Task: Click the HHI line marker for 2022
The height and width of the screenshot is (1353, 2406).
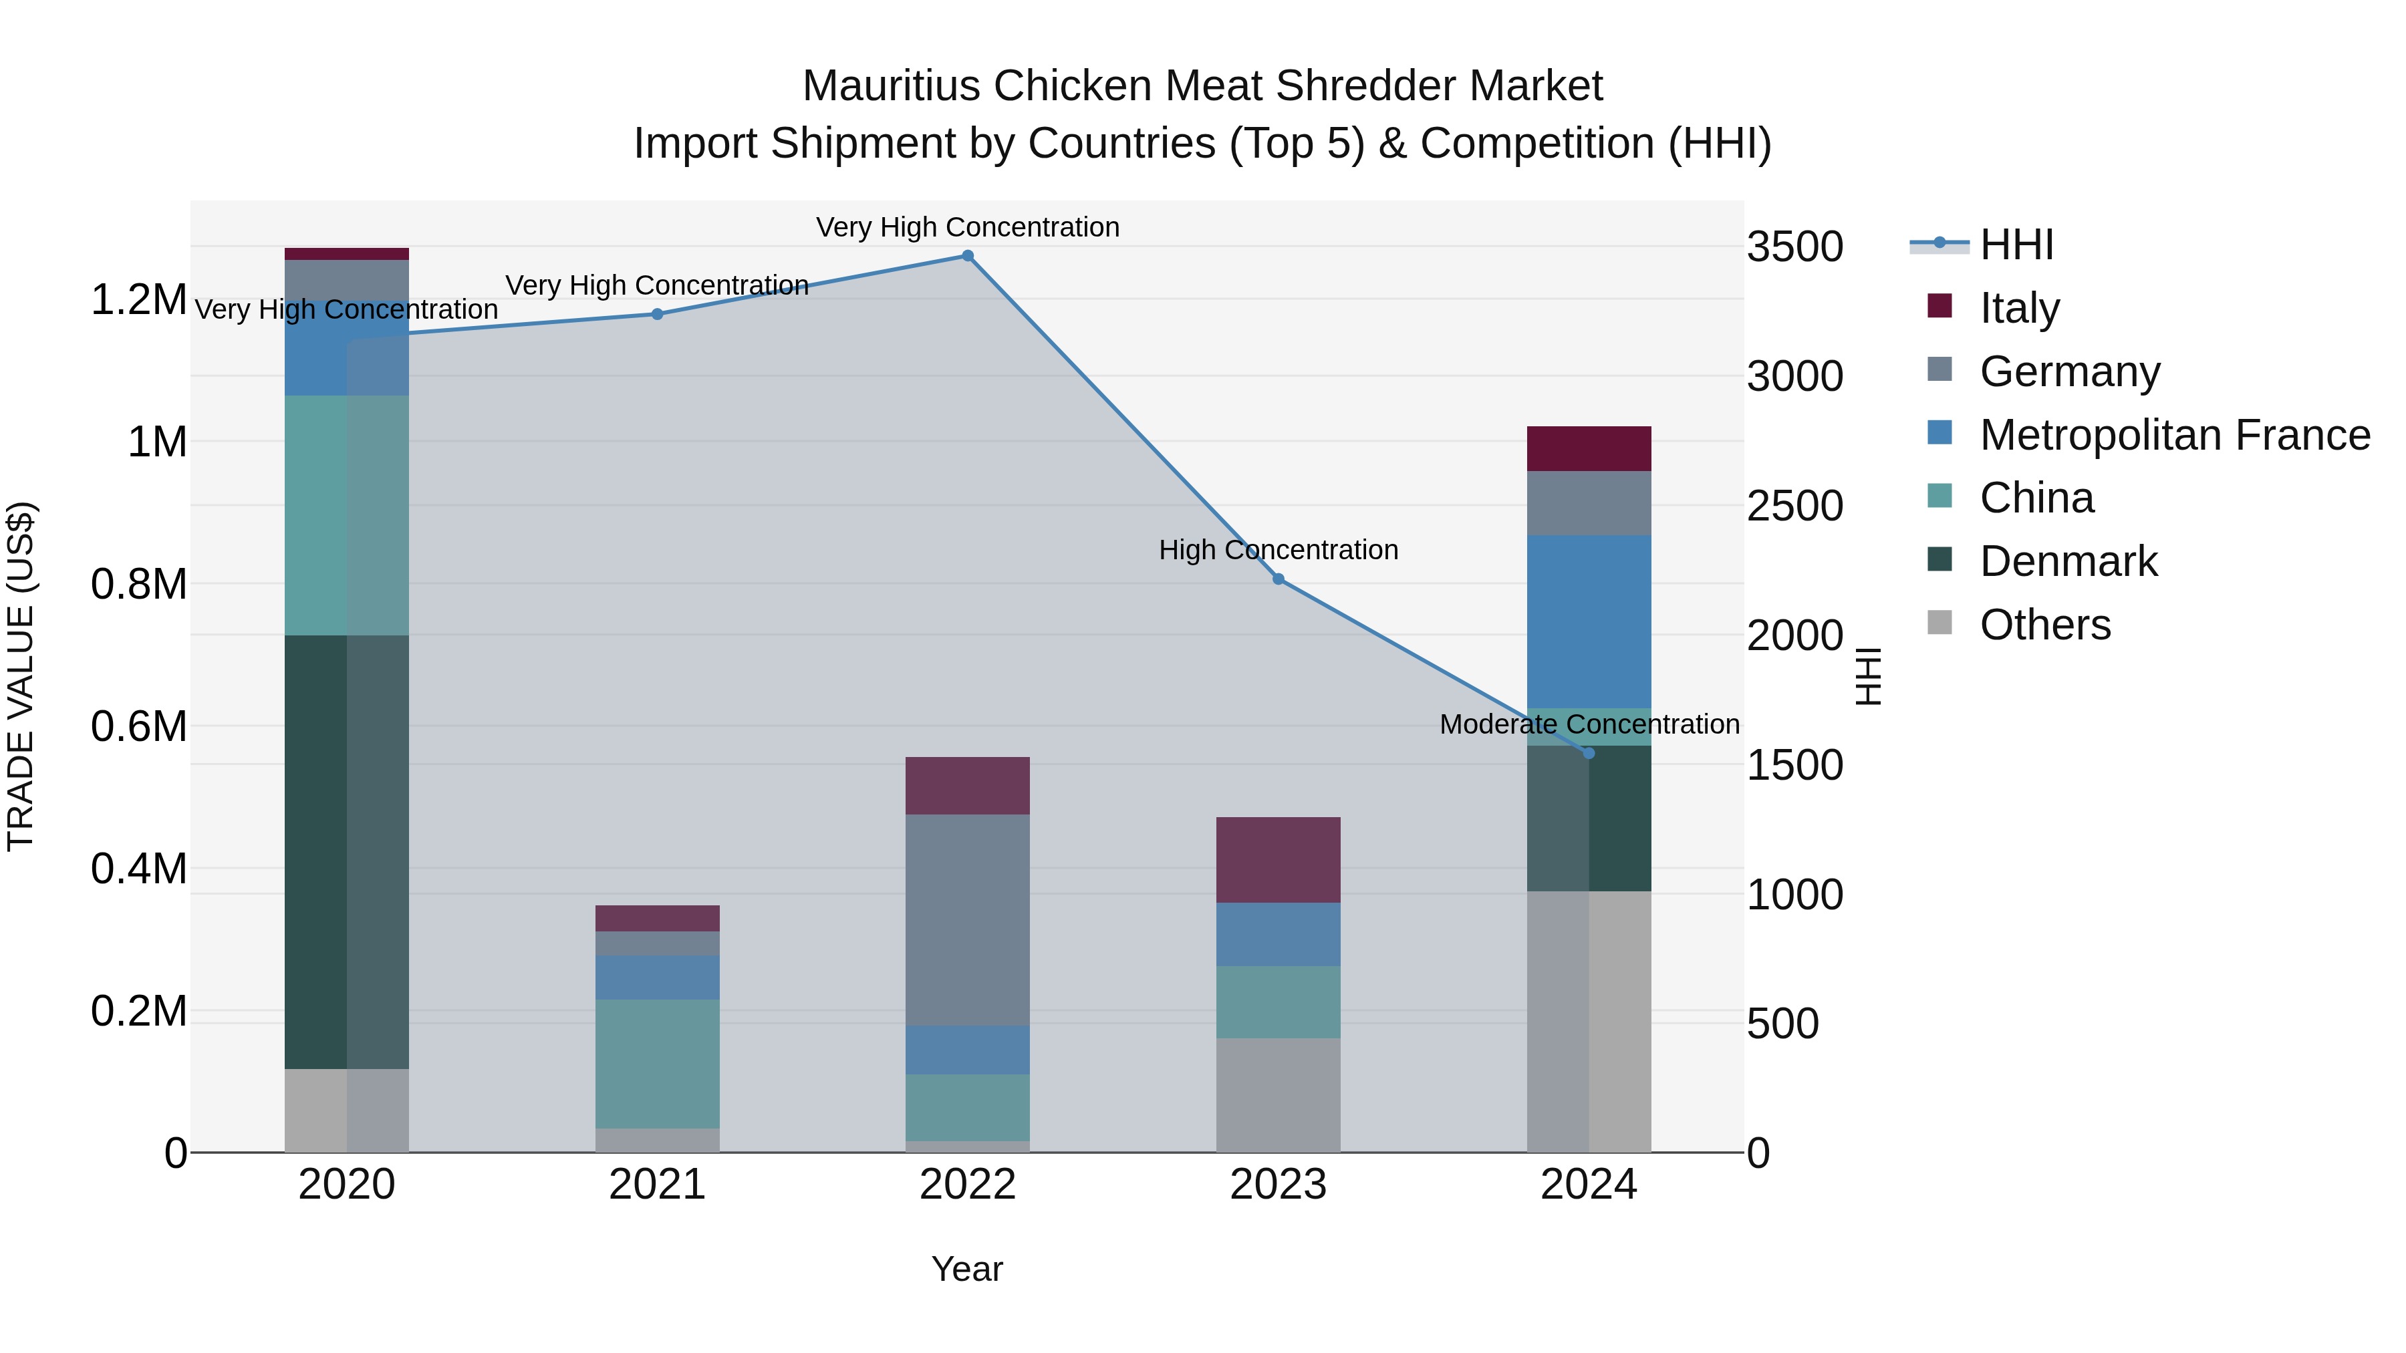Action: pos(968,256)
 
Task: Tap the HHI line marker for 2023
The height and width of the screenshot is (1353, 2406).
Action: pos(1279,579)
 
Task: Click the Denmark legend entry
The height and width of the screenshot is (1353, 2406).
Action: pos(2067,562)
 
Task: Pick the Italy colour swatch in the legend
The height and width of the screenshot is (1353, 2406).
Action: pos(1940,306)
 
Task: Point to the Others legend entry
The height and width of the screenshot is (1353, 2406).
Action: pos(2044,625)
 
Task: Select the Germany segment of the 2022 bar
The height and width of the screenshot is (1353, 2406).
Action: pos(968,920)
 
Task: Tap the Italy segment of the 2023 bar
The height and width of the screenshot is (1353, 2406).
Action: pos(1279,860)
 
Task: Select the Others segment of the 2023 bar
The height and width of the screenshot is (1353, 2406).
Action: pos(1279,1095)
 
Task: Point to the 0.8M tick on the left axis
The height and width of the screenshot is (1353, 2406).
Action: pos(138,585)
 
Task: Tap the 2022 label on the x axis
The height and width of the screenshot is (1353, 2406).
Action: pos(968,1185)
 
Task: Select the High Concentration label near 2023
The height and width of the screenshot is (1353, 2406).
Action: pos(1279,550)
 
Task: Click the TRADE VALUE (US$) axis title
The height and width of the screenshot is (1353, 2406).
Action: pos(21,676)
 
